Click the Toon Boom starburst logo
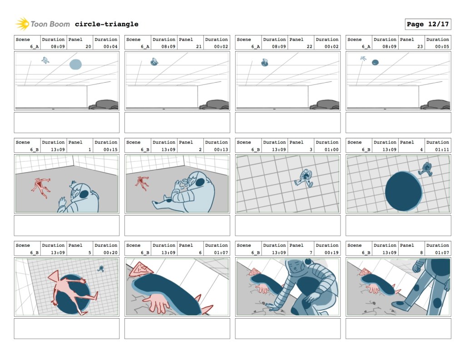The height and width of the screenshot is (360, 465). pyautogui.click(x=22, y=24)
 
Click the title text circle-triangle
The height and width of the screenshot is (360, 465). pyautogui.click(x=106, y=24)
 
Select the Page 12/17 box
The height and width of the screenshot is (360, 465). pyautogui.click(x=428, y=24)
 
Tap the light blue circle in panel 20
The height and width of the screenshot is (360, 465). pyautogui.click(x=76, y=65)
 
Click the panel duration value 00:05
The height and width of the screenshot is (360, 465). pyautogui.click(x=442, y=47)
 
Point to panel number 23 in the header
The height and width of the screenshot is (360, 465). pyautogui.click(x=420, y=47)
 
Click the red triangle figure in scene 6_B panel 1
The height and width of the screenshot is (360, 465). pyautogui.click(x=41, y=188)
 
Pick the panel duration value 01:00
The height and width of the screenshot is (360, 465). pyautogui.click(x=331, y=150)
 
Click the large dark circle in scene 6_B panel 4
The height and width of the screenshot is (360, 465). pyautogui.click(x=403, y=191)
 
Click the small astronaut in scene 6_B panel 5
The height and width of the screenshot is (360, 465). pyautogui.click(x=101, y=269)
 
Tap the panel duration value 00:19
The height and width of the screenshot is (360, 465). pyautogui.click(x=331, y=253)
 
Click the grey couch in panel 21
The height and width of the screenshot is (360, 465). pyautogui.click(x=214, y=105)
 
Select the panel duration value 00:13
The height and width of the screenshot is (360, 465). pyautogui.click(x=221, y=150)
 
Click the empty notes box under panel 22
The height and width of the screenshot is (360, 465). pyautogui.click(x=287, y=123)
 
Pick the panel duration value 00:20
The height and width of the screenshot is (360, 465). pyautogui.click(x=110, y=253)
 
